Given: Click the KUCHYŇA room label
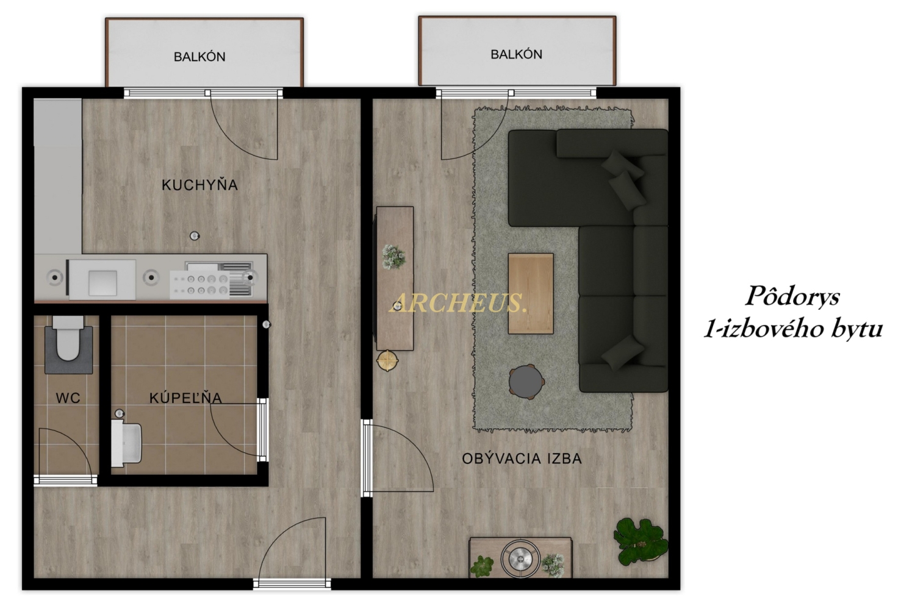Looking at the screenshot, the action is point(199,185).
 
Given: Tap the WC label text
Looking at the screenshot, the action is point(68,397).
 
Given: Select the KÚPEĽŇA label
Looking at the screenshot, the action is point(185,397).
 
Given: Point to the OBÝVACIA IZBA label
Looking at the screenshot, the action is point(522,458).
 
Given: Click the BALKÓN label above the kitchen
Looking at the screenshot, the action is point(199,57).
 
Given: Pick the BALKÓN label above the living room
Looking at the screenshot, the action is point(516,54).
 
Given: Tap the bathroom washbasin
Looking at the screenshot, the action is point(126,443).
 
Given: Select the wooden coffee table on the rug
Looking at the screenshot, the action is point(531,293).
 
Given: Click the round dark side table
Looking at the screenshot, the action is point(526,382).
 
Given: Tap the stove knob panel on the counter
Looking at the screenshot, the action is point(200,285).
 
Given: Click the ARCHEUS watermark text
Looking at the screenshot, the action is point(457,303).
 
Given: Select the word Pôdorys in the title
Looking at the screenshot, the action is point(792,296).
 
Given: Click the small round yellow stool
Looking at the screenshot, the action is point(387,361).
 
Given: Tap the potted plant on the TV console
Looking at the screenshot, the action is point(394,257).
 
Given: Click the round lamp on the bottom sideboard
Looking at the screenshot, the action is point(520,559).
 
